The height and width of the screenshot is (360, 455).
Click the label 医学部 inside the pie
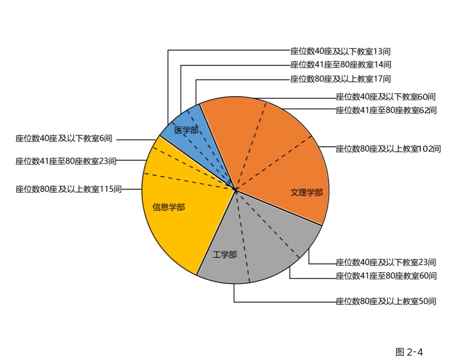coord(186,130)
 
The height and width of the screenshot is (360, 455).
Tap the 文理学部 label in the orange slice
coord(306,193)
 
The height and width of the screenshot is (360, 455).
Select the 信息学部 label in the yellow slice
coord(168,207)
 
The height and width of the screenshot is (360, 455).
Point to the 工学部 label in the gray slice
coord(225,255)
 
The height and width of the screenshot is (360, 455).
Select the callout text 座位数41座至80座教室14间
coord(341,65)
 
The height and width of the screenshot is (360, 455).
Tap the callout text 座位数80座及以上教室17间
coord(341,79)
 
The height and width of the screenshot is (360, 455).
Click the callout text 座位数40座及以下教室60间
coord(386,97)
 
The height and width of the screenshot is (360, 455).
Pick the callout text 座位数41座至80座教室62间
coord(386,110)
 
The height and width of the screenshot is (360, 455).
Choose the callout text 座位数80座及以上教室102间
coord(388,149)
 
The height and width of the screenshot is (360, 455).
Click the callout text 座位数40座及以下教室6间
coord(63,139)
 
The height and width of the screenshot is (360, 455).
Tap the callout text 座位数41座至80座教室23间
coord(66,161)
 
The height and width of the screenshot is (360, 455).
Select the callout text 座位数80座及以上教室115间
coord(68,190)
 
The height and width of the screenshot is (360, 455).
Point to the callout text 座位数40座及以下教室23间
coord(386,262)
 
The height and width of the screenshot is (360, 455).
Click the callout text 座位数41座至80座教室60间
coord(386,276)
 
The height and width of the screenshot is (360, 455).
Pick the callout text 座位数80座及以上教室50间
coord(386,302)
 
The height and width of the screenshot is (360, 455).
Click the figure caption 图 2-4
coord(409,352)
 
